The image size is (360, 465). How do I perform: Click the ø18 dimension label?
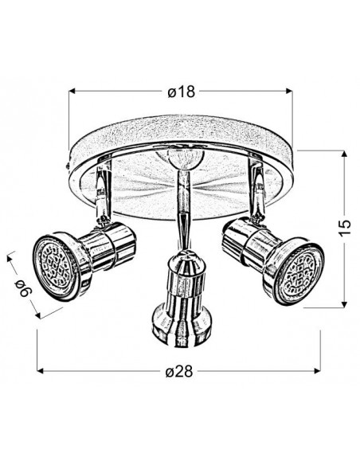(181, 92)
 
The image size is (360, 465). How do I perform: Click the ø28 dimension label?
(179, 371)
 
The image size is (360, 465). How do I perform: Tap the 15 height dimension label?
(344, 228)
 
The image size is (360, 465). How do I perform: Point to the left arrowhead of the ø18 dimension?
(72, 92)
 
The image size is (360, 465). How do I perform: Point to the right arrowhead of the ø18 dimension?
(289, 92)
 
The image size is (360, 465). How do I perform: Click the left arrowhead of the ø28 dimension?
(41, 371)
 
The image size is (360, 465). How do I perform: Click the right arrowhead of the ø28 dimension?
(317, 371)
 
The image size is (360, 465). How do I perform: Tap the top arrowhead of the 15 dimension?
(344, 154)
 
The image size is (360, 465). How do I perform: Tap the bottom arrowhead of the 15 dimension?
(344, 304)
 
